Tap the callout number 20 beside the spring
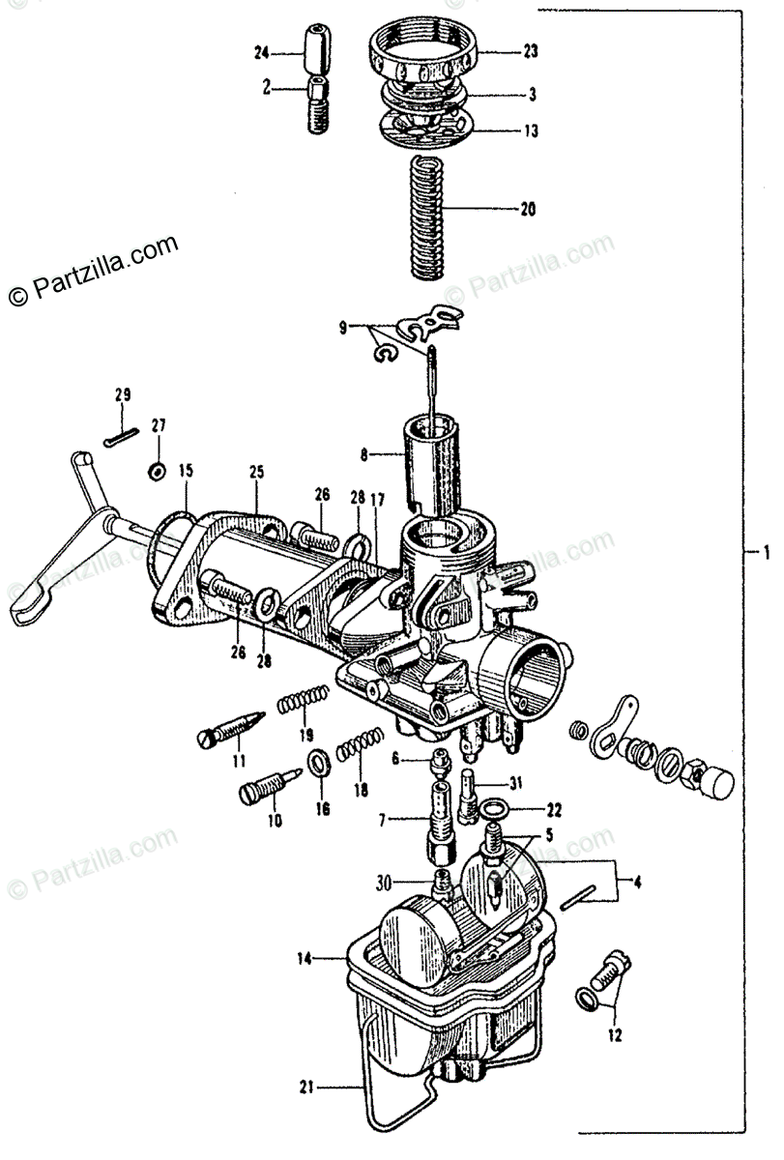528,209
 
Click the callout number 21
307,1087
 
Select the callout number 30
383,882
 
